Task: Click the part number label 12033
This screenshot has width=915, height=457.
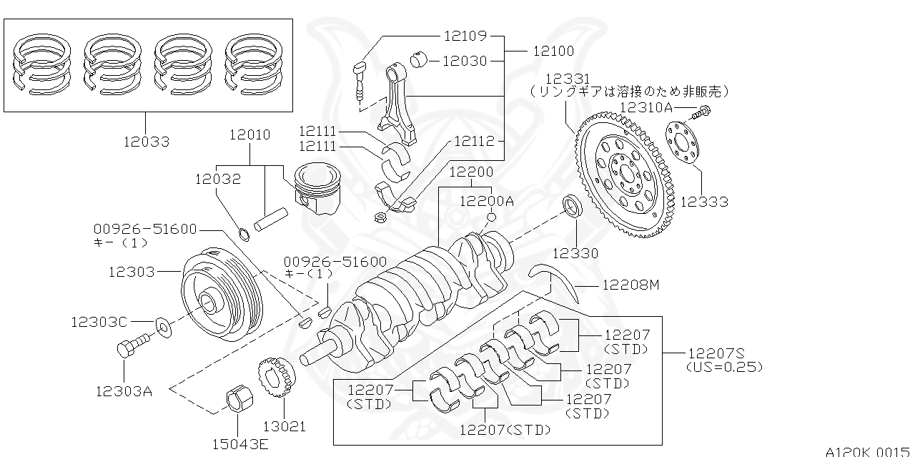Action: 145,142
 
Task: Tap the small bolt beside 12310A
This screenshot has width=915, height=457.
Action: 703,112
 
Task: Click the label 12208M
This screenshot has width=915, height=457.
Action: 630,285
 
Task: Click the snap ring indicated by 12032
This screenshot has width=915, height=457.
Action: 244,233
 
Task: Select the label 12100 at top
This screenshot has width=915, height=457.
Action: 553,51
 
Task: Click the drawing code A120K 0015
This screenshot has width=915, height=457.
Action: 868,451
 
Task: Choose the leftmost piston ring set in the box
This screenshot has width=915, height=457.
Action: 43,65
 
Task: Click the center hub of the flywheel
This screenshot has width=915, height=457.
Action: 627,174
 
